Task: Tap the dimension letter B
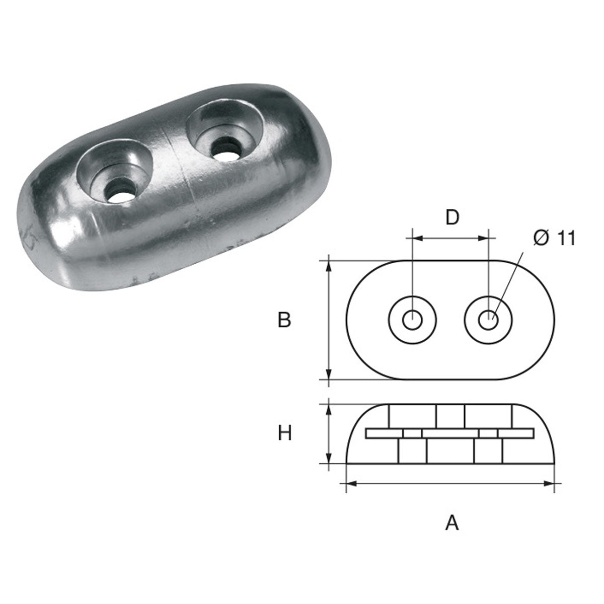[x=284, y=320]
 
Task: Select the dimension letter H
[x=285, y=433]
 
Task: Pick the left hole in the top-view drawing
[x=413, y=319]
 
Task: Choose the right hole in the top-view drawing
[x=488, y=320]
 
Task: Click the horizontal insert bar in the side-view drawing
[x=450, y=433]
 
